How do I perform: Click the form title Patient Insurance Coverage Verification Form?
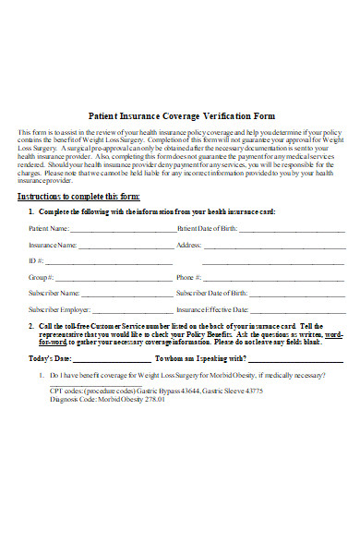180,116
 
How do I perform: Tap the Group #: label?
41,277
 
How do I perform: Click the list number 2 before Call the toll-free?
31,326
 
